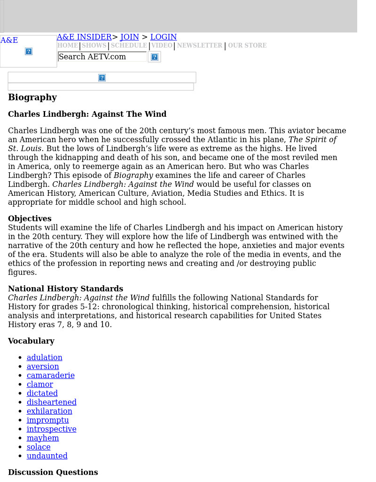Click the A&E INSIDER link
[x=84, y=37]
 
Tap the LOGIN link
[x=164, y=37]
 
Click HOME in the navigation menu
[x=68, y=46]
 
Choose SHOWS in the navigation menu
[x=94, y=46]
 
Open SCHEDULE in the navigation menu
[x=129, y=46]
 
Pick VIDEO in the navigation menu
[x=162, y=46]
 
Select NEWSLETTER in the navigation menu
[x=199, y=46]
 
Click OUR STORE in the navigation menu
[x=247, y=46]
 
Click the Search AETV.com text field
[x=102, y=57]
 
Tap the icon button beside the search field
[x=155, y=57]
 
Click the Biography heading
[x=32, y=97]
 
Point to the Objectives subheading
[x=30, y=219]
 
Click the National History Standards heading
[x=65, y=289]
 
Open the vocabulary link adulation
[x=45, y=358]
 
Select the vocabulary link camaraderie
[x=51, y=376]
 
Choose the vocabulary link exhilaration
[x=49, y=411]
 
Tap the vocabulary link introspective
[x=52, y=429]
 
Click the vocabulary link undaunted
[x=47, y=456]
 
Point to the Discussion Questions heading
[x=53, y=473]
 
